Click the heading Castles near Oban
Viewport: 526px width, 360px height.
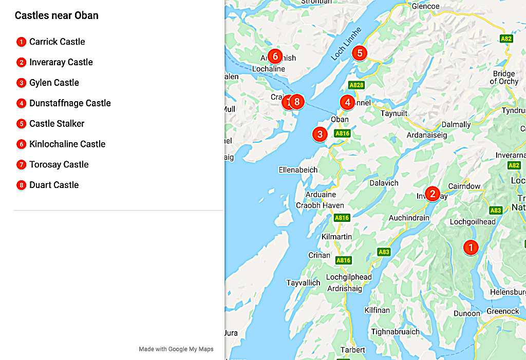(57, 15)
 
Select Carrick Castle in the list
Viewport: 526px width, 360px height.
(57, 42)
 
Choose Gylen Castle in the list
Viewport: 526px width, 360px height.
(54, 83)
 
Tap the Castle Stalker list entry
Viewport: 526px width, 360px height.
(57, 124)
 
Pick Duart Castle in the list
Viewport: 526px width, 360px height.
(54, 185)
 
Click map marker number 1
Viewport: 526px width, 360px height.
(470, 247)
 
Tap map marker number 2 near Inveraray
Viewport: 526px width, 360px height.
(433, 194)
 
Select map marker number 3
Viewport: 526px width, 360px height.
(320, 135)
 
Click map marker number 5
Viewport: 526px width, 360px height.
(360, 53)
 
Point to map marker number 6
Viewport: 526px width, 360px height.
(275, 56)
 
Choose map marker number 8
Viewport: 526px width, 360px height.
(296, 102)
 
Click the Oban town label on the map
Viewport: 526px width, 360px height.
(340, 119)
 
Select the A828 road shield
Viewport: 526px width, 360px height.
(355, 85)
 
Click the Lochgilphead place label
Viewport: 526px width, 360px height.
(349, 277)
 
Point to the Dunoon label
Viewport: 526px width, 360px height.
(467, 313)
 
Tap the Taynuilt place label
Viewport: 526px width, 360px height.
(394, 113)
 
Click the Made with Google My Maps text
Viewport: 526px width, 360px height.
(176, 349)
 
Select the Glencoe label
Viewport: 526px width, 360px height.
(426, 7)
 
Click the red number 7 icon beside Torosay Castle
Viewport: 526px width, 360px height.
(21, 165)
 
